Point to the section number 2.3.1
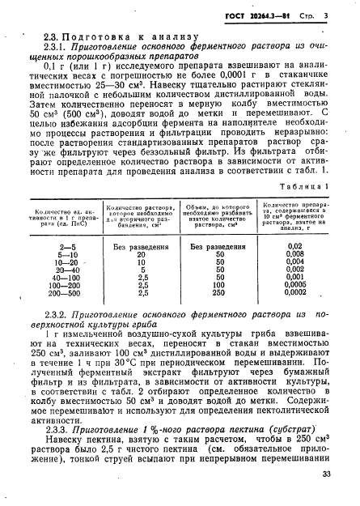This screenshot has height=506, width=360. pos(67,49)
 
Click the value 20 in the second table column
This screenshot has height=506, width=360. pos(142,253)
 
